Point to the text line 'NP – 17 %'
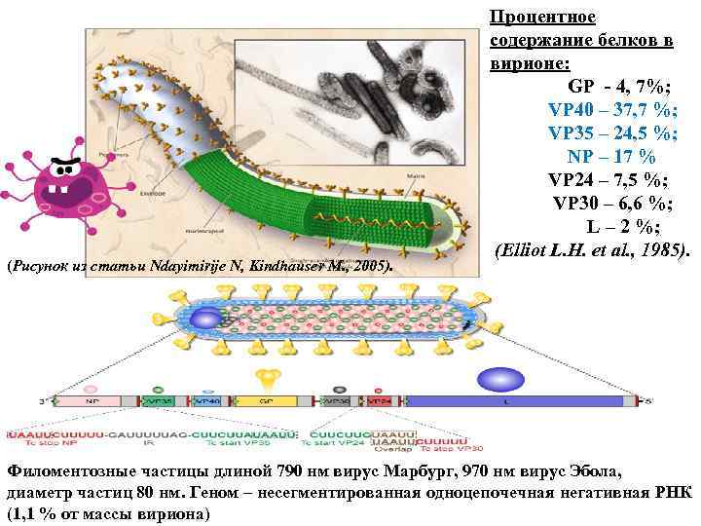[x=611, y=156]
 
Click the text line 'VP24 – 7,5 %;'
[x=607, y=179]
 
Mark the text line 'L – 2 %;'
[x=623, y=227]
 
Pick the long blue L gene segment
[x=516, y=400]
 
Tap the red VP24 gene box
[x=380, y=400]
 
